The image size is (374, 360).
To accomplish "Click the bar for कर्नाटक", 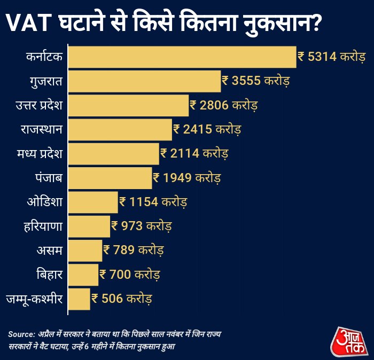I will pyautogui.click(x=182, y=57).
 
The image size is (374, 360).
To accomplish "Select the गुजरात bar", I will pyautogui.click(x=144, y=81).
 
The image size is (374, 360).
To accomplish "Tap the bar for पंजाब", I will pyautogui.click(x=110, y=178).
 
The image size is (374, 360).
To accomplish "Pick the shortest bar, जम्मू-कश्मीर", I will pyautogui.click(x=79, y=299).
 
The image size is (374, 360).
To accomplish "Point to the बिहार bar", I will pyautogui.click(x=83, y=275).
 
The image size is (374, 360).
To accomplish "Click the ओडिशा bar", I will pyautogui.click(x=93, y=202).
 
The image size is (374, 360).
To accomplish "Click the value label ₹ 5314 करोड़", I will pyautogui.click(x=331, y=57).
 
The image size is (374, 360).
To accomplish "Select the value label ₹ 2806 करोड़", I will pyautogui.click(x=224, y=105).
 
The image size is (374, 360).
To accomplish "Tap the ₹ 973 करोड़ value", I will pyautogui.click(x=142, y=226).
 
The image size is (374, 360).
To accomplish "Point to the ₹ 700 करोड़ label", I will pyautogui.click(x=130, y=275).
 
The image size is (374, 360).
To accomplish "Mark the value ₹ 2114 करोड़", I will pyautogui.click(x=194, y=154).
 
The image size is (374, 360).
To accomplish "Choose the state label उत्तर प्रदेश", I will pyautogui.click(x=40, y=105).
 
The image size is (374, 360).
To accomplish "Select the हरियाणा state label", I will pyautogui.click(x=42, y=226).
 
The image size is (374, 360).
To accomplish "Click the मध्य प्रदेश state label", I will pyautogui.click(x=40, y=154).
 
